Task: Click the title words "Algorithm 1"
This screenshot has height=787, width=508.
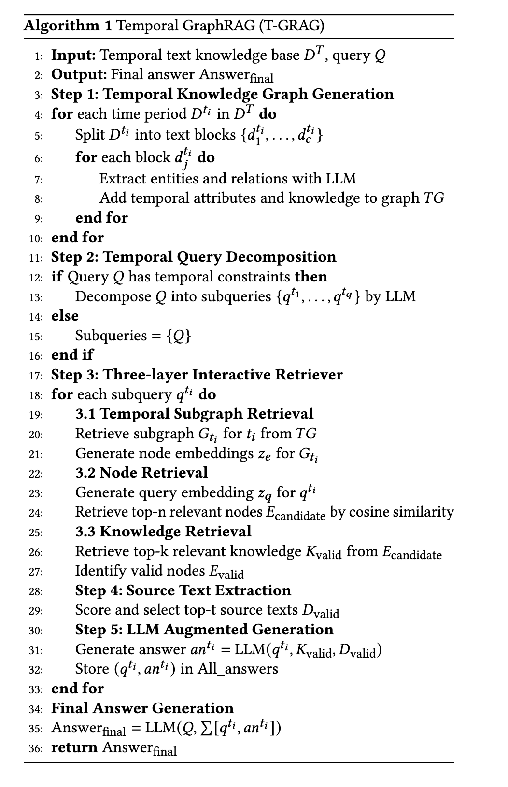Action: (68, 25)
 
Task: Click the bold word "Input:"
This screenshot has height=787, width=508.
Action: (73, 55)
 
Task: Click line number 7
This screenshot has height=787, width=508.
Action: (39, 180)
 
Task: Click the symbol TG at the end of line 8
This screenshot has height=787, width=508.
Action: (434, 198)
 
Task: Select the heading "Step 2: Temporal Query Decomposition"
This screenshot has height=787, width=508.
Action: (194, 257)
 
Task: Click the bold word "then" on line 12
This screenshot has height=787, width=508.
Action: (311, 277)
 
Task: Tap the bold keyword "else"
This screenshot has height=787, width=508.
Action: (65, 316)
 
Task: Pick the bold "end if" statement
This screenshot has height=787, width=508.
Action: (72, 355)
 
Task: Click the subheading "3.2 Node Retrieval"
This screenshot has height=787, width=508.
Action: (141, 473)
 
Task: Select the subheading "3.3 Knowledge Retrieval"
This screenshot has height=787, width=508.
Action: (163, 532)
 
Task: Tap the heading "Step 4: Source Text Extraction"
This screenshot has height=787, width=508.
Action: (183, 590)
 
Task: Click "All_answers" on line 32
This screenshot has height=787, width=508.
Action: (238, 669)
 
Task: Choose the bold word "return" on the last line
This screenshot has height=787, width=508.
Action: (74, 747)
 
